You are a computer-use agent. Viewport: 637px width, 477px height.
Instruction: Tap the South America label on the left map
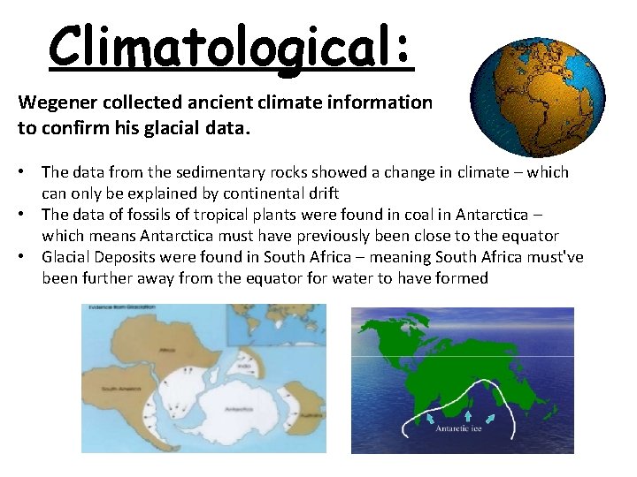115,390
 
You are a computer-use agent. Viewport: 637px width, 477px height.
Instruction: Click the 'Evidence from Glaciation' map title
115,307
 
